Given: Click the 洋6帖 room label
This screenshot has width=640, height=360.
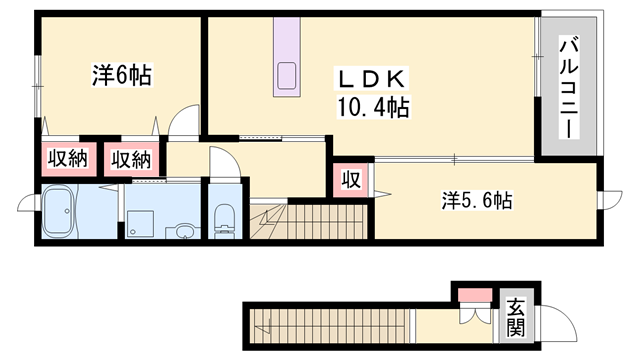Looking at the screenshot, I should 122,75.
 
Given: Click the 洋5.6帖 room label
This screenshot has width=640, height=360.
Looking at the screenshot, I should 476,201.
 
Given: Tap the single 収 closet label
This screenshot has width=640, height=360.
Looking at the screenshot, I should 353,181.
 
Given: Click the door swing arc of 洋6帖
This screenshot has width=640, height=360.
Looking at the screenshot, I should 182,121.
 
